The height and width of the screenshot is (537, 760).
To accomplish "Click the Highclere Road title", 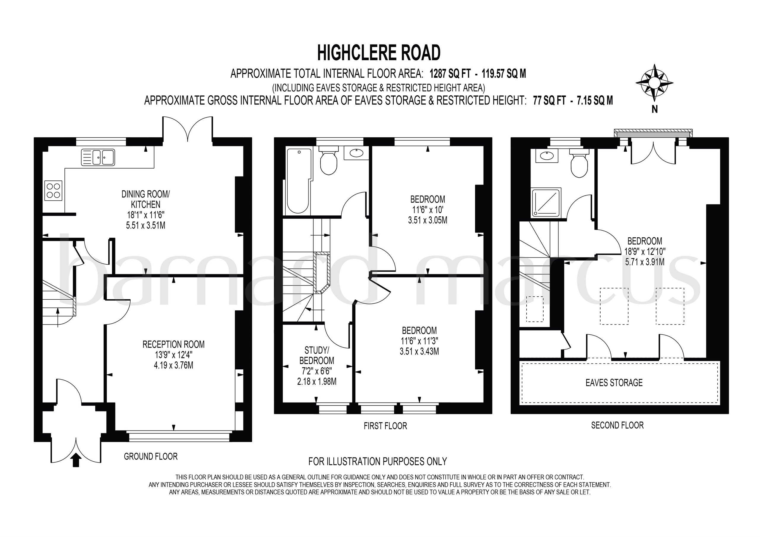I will tap(379, 53).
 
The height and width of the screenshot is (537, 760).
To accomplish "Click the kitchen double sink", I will tap(98, 157).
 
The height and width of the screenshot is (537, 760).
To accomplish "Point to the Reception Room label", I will tap(173, 344).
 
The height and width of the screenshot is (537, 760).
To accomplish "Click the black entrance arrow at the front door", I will tap(76, 460).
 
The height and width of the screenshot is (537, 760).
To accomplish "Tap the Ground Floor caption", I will tap(151, 457).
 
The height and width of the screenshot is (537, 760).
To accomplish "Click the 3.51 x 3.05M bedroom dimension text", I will tap(427, 220).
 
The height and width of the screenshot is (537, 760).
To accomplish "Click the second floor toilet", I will tap(579, 164).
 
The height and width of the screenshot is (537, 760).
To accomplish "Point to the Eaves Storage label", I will tap(614, 383).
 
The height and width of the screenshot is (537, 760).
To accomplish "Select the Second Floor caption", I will tap(617, 425).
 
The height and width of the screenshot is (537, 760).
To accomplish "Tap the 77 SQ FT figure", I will tap(549, 100).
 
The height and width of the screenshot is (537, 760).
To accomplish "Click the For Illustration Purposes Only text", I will tap(378, 461).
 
